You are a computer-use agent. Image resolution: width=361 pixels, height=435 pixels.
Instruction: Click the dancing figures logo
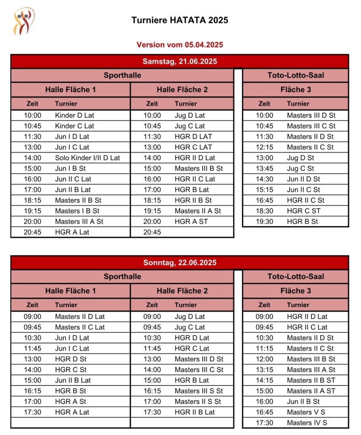(24, 21)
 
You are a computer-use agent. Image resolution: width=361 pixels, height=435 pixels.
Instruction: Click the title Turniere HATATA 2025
(180, 20)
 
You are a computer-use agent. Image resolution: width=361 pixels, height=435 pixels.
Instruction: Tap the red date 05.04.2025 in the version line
(203, 45)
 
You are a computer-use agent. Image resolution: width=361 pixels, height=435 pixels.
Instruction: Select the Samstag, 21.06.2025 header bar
(180, 62)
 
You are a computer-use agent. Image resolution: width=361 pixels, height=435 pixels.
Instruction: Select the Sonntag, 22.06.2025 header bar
(180, 263)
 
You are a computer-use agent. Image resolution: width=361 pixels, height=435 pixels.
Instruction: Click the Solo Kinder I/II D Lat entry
(87, 158)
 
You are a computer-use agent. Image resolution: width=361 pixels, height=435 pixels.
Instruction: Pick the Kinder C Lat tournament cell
(74, 126)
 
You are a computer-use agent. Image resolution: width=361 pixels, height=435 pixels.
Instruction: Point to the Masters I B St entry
(77, 211)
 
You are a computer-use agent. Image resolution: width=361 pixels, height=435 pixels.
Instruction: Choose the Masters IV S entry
(307, 423)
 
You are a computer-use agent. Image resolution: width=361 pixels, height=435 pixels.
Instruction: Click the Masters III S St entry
(198, 391)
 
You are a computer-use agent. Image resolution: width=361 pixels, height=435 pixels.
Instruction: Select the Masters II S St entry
(197, 401)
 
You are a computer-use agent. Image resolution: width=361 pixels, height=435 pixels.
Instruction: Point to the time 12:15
(264, 147)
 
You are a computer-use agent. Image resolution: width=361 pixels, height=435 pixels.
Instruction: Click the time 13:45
(264, 168)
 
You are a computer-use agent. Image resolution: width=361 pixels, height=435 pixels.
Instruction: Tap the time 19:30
(264, 221)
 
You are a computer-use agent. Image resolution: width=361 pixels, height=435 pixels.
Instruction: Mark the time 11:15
(264, 348)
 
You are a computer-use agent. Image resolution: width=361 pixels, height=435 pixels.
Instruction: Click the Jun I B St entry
(70, 168)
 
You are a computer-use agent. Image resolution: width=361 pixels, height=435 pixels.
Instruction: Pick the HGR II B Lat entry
(195, 412)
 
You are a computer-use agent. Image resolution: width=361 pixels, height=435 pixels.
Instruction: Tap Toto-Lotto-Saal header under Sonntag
(296, 277)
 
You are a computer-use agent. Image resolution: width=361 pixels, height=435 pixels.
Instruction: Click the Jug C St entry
(300, 168)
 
